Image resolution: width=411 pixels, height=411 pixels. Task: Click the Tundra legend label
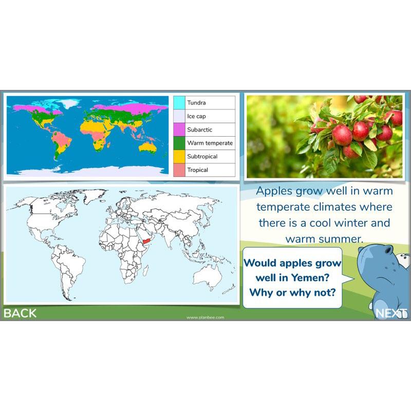coord(196,103)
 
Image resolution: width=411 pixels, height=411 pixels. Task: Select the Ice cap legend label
coord(196,116)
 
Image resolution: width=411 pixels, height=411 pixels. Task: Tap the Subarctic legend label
coord(199,129)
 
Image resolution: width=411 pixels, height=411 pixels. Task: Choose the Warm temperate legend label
coord(210,143)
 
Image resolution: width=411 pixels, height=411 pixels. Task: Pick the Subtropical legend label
coord(202,156)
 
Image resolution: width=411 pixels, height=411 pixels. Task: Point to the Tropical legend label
coord(197,170)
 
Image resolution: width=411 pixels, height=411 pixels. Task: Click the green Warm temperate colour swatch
coord(179,143)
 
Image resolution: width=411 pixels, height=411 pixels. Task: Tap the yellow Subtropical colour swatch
coord(179,156)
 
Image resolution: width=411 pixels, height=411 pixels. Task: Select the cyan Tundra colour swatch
coord(179,103)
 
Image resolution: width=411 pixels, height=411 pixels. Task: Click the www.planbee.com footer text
coord(206,317)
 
